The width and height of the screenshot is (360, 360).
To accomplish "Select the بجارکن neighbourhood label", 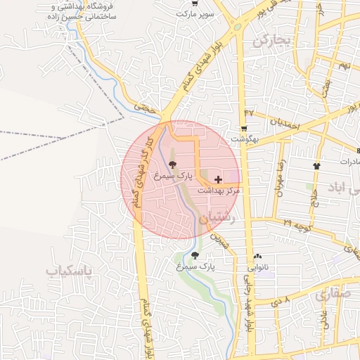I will click(272, 41).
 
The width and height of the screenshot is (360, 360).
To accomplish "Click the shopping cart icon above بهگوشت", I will click(244, 129).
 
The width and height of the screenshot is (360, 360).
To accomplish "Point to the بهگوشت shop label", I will click(244, 139).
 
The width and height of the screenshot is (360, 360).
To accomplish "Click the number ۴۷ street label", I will click(249, 112).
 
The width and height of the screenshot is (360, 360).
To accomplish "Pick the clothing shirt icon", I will click(316, 166).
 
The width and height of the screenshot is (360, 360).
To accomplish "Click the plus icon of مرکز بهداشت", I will click(218, 179).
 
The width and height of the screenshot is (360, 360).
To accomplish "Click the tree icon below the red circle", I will click(195, 256).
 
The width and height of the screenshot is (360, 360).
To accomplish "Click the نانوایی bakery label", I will click(257, 268).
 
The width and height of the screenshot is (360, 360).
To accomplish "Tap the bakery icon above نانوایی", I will click(257, 257).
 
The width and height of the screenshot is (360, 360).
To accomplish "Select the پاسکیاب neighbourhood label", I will click(70, 270).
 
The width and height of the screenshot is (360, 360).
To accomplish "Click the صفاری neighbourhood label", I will click(331, 295).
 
